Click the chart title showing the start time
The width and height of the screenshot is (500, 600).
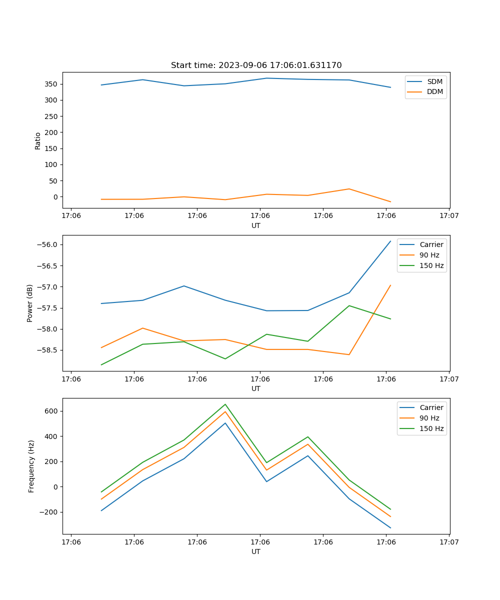256,65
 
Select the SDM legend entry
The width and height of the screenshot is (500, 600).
434,81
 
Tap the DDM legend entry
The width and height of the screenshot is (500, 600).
434,91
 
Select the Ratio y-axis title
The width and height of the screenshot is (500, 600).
38,140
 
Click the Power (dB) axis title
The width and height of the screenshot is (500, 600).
30,303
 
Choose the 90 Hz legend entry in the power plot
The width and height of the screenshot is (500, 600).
429,255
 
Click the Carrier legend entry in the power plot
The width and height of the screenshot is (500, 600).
431,244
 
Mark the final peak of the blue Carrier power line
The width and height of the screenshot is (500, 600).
390,241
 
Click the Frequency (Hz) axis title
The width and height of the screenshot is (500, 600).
31,466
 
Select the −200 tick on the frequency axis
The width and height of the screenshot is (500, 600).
50,512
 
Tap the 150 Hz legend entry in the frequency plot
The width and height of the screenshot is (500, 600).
431,428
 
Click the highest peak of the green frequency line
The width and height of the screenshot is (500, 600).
225,404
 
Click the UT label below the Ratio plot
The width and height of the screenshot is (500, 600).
256,225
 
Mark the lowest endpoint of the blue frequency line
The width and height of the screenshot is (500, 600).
390,527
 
